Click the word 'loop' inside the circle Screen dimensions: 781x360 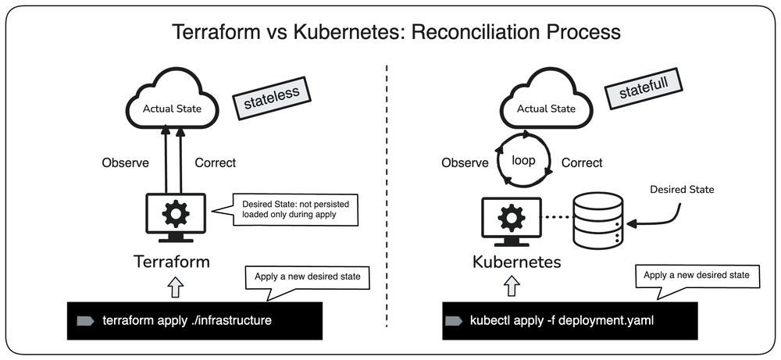(x=523, y=160)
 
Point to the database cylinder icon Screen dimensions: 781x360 (x=598, y=220)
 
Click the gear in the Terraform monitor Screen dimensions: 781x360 (x=175, y=213)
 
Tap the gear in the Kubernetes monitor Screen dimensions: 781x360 (x=512, y=217)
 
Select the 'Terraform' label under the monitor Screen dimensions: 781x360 (x=172, y=262)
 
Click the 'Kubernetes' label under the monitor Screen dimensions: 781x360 (x=517, y=262)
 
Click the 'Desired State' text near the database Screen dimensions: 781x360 (x=682, y=190)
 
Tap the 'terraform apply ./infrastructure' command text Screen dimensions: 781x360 (x=187, y=320)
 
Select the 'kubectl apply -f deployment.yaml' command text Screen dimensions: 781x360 (x=562, y=320)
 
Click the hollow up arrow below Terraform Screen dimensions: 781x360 (x=175, y=288)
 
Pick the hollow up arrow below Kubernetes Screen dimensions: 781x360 (x=512, y=287)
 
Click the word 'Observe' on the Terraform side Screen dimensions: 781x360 (x=126, y=163)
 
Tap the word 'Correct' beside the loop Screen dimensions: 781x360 (x=582, y=163)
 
